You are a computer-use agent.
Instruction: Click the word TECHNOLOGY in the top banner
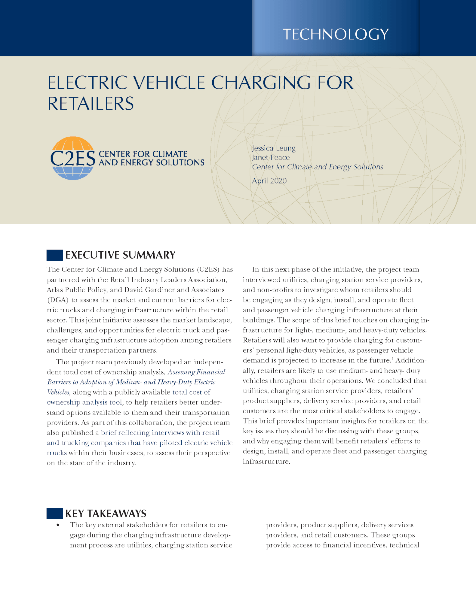point(336,34)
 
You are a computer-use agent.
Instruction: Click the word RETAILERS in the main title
point(91,104)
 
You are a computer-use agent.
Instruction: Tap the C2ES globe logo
point(72,158)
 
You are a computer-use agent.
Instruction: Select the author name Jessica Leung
point(274,148)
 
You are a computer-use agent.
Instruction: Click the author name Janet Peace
point(271,157)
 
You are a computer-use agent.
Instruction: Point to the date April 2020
point(269,181)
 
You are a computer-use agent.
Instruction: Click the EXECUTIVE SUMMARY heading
point(120,255)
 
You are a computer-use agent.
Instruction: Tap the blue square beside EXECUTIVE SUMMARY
point(54,255)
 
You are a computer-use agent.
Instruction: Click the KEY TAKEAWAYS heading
point(106,514)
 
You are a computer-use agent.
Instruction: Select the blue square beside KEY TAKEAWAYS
point(54,514)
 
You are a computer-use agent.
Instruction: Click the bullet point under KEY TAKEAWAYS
point(58,525)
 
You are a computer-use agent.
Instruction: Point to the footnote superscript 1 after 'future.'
point(393,359)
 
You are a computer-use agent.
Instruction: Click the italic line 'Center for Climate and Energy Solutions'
point(317,167)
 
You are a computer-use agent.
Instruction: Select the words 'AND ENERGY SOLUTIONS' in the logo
point(152,163)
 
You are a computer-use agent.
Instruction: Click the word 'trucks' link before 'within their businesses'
point(57,453)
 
